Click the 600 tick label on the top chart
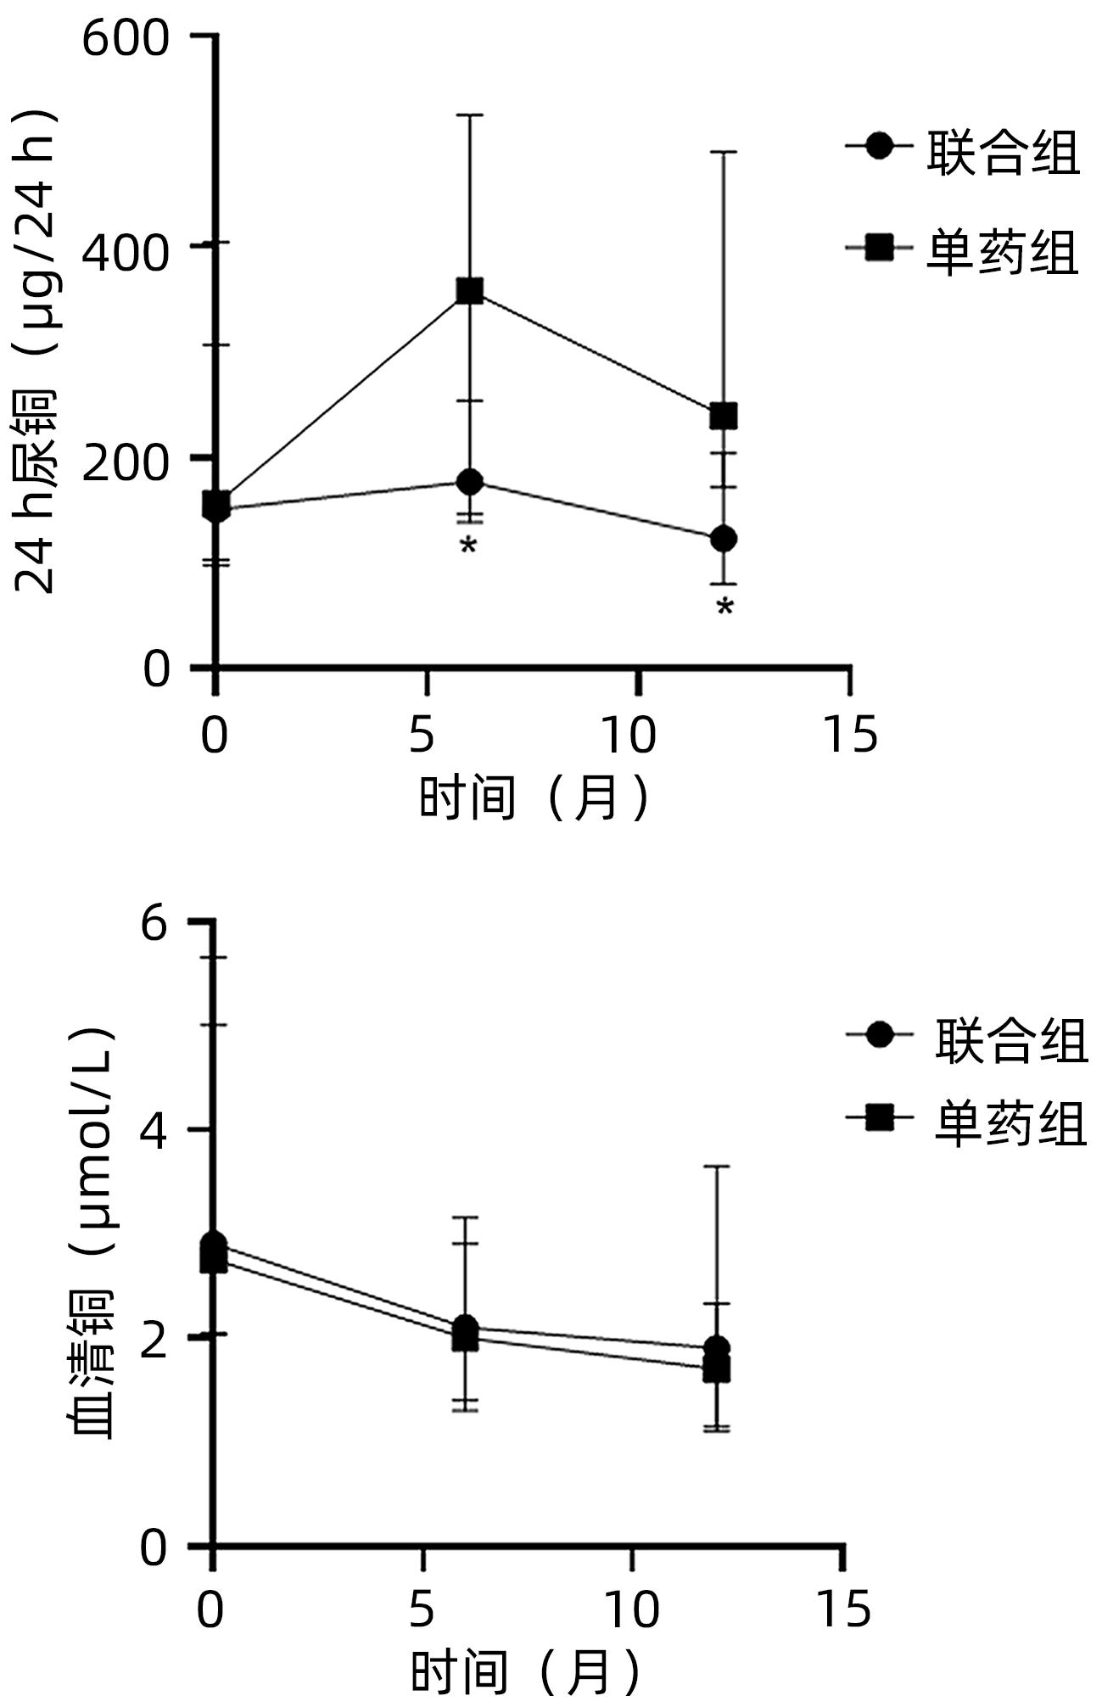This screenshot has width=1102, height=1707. [x=126, y=38]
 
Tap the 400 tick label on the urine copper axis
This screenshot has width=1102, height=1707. [x=126, y=252]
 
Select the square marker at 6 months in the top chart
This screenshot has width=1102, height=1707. [x=469, y=291]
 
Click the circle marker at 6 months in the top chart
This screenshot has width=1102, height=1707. [x=469, y=482]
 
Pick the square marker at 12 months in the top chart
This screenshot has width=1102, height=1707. [x=723, y=416]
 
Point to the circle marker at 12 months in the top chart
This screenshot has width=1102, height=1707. [x=723, y=538]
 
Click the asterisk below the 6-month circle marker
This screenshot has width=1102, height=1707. [x=468, y=546]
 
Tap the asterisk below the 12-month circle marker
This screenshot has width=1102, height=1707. [x=724, y=607]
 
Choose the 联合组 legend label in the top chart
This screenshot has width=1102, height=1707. [x=1004, y=154]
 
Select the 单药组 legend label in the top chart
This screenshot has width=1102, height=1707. [x=1002, y=252]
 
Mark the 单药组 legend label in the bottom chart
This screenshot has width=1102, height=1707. [x=1010, y=1124]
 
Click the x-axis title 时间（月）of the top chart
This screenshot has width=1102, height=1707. [x=535, y=798]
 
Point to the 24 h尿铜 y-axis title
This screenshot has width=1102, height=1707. [x=36, y=352]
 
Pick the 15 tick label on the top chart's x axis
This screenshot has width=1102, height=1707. [x=850, y=735]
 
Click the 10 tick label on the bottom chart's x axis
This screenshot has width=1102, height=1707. [x=632, y=1609]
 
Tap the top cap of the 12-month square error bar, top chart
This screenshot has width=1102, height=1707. [x=723, y=152]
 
